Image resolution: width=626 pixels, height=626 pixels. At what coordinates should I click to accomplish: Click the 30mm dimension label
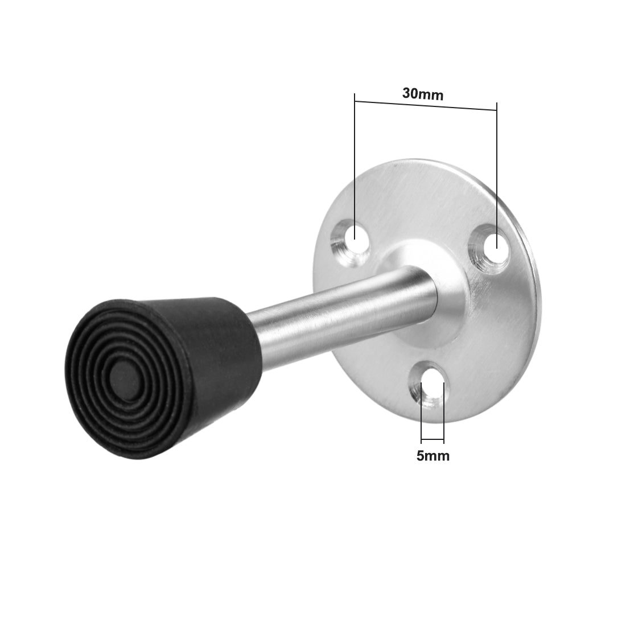[422, 94]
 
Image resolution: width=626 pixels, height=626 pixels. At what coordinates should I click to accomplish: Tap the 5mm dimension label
[433, 456]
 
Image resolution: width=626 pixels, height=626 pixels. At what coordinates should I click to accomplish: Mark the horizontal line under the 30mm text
[425, 106]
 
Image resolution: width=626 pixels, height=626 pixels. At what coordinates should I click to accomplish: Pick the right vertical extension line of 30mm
[497, 171]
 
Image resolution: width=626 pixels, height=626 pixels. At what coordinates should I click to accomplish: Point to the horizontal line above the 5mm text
[432, 441]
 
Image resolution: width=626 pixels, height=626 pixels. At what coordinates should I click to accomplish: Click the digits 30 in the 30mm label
[410, 94]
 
